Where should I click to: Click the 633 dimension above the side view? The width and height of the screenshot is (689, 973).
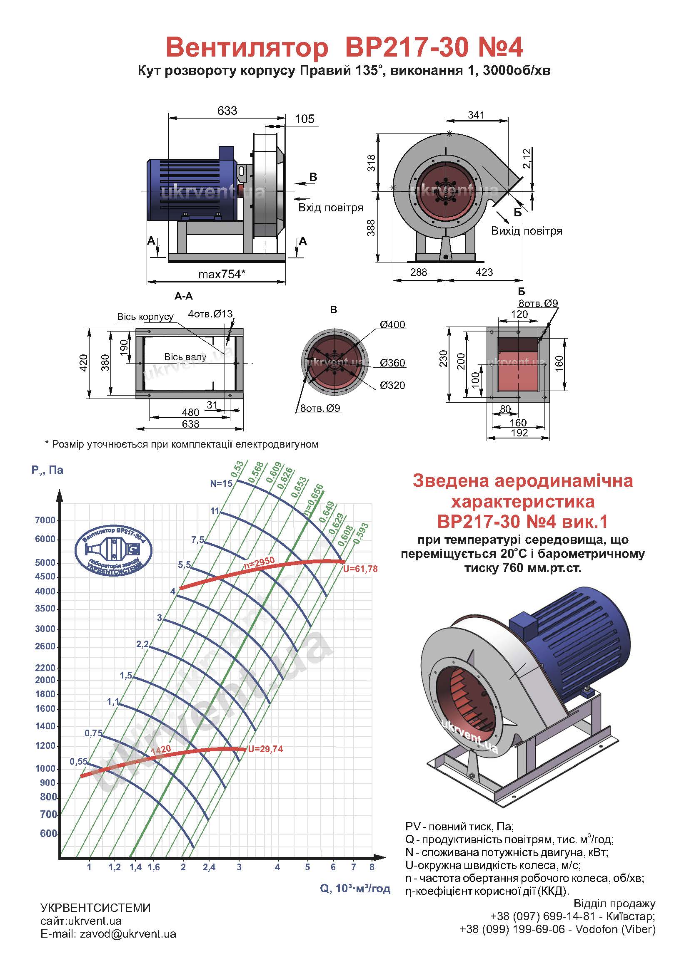(227, 111)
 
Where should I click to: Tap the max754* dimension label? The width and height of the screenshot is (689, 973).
(222, 274)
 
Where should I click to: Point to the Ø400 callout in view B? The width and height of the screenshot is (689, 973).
(392, 324)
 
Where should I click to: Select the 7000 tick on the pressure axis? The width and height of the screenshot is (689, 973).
(45, 520)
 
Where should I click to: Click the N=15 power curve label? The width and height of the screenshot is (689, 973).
(222, 483)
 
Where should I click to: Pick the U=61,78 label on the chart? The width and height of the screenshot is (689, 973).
(360, 569)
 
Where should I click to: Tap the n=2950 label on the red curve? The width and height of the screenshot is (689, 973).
(259, 562)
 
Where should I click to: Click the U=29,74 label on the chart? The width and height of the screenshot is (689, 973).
(265, 749)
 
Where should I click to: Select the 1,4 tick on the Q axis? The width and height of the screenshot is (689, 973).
(135, 867)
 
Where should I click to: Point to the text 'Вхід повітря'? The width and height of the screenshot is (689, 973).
(330, 208)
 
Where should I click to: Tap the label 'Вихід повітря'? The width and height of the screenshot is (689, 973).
(527, 231)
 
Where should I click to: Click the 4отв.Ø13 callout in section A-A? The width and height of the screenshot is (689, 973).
(210, 314)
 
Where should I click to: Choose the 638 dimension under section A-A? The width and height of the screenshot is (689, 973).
(190, 424)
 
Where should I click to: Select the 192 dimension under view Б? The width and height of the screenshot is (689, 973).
(519, 433)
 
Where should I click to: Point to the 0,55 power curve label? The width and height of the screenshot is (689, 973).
(79, 761)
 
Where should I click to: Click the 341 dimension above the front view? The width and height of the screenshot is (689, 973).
(476, 115)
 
